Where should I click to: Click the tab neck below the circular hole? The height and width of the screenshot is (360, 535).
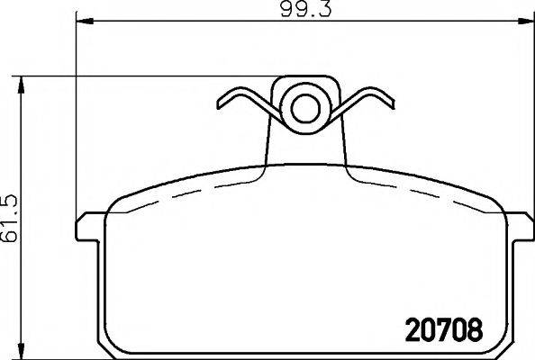pos(305,148)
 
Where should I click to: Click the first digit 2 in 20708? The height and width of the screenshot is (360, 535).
pos(405,328)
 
